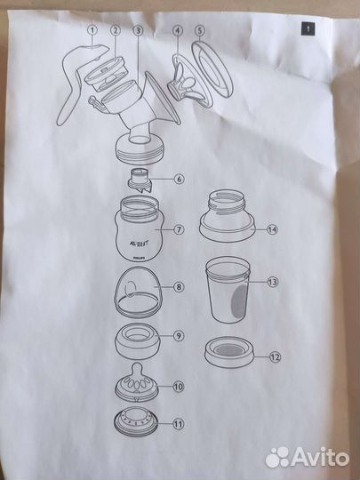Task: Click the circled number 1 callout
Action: [x=92, y=30]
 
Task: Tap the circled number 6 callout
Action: [x=179, y=179]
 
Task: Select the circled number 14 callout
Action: [x=272, y=229]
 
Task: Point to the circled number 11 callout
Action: [x=178, y=424]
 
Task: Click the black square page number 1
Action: [x=308, y=29]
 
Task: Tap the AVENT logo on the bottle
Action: [x=138, y=244]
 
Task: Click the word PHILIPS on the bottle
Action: [x=138, y=259]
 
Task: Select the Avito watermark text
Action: [x=307, y=458]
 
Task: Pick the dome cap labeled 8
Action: [x=139, y=292]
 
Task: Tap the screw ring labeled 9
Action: [x=138, y=341]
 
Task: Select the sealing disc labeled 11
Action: [x=136, y=422]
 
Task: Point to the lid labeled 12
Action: [x=229, y=352]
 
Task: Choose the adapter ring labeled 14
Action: [x=227, y=216]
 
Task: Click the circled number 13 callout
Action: [x=272, y=282]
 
